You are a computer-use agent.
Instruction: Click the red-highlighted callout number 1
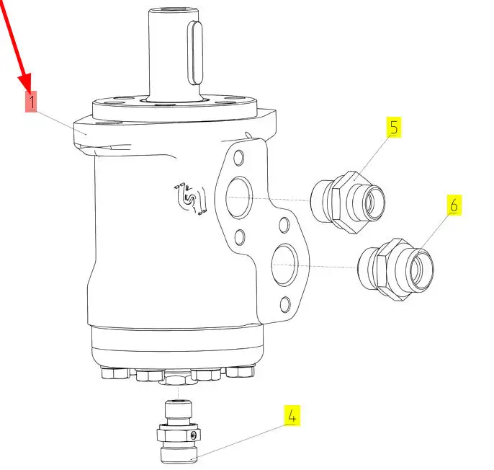tap(31, 101)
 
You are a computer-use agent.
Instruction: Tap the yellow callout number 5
tap(394, 127)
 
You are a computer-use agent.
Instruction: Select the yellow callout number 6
tap(454, 205)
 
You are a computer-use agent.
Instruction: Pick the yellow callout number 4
tap(292, 415)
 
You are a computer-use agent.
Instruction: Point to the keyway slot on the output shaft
tap(195, 53)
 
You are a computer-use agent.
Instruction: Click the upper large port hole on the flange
tap(239, 198)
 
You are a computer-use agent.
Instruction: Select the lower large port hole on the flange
tap(285, 265)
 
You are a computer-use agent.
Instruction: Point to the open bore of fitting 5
tap(374, 203)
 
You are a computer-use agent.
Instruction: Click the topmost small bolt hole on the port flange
tap(239, 157)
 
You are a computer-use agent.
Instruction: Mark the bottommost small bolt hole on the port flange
tap(285, 304)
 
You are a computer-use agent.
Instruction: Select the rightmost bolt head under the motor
tap(241, 371)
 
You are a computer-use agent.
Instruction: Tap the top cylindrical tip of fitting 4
tap(179, 409)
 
